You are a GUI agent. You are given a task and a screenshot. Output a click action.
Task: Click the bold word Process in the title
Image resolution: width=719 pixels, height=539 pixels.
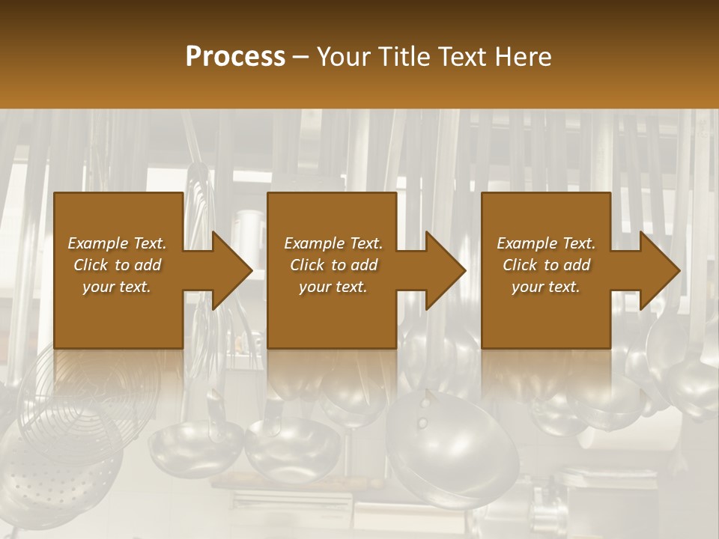[235, 57]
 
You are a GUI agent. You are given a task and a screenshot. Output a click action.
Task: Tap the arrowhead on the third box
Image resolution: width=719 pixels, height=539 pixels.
[658, 270]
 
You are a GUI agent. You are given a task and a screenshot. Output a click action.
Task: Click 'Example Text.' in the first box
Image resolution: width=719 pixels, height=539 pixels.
[117, 243]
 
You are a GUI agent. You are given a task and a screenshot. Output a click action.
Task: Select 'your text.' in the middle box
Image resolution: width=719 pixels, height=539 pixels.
[333, 287]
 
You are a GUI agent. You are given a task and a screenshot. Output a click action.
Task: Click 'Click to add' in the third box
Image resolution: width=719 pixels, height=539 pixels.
[546, 265]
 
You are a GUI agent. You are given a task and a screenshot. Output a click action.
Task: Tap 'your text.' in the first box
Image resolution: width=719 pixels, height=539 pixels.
[117, 287]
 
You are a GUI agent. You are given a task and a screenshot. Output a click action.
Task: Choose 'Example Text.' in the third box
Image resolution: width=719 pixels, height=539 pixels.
[546, 243]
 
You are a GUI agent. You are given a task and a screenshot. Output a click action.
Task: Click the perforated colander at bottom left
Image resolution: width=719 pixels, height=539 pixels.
[52, 479]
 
